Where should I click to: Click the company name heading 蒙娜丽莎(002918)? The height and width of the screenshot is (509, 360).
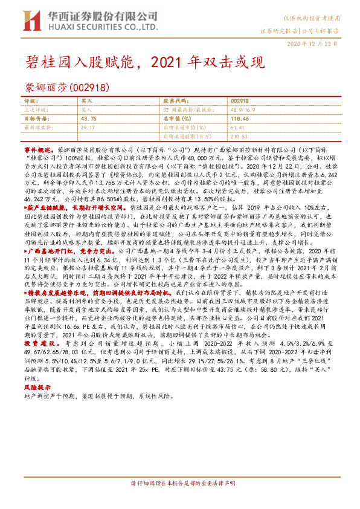click(x=66, y=88)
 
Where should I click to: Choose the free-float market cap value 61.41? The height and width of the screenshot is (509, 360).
click(x=237, y=128)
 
